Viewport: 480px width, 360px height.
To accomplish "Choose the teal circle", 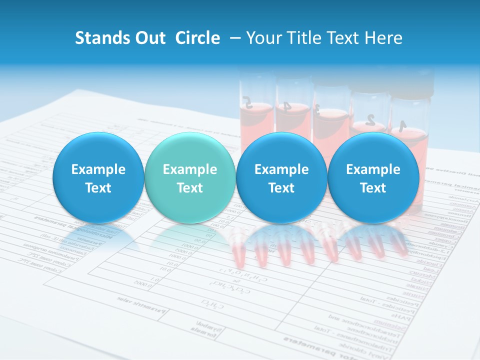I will (189, 177).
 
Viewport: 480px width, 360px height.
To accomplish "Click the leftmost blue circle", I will (98, 177).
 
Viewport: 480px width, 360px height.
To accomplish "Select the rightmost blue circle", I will (373, 177).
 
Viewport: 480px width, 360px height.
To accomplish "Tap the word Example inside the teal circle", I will (190, 169).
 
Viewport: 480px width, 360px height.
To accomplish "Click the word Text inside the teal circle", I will (190, 188).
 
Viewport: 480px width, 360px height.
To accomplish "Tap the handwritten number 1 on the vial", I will (402, 123).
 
